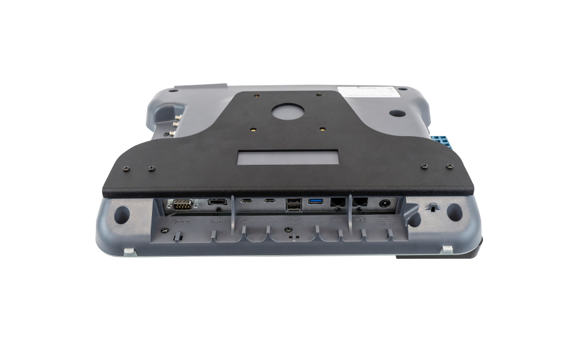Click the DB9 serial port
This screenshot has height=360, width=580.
point(181,204)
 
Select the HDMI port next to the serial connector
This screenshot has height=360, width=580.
point(217,202)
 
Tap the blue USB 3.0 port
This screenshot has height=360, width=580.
point(316,201)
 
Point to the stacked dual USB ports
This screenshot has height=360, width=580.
point(292,206)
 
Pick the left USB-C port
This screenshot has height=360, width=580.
point(247,201)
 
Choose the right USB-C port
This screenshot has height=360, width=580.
point(269,201)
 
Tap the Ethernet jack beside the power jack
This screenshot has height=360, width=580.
point(361,203)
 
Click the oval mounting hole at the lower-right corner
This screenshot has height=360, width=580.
point(454,212)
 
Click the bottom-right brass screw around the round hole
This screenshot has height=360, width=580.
point(322,129)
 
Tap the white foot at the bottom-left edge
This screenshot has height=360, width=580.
point(129,250)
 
